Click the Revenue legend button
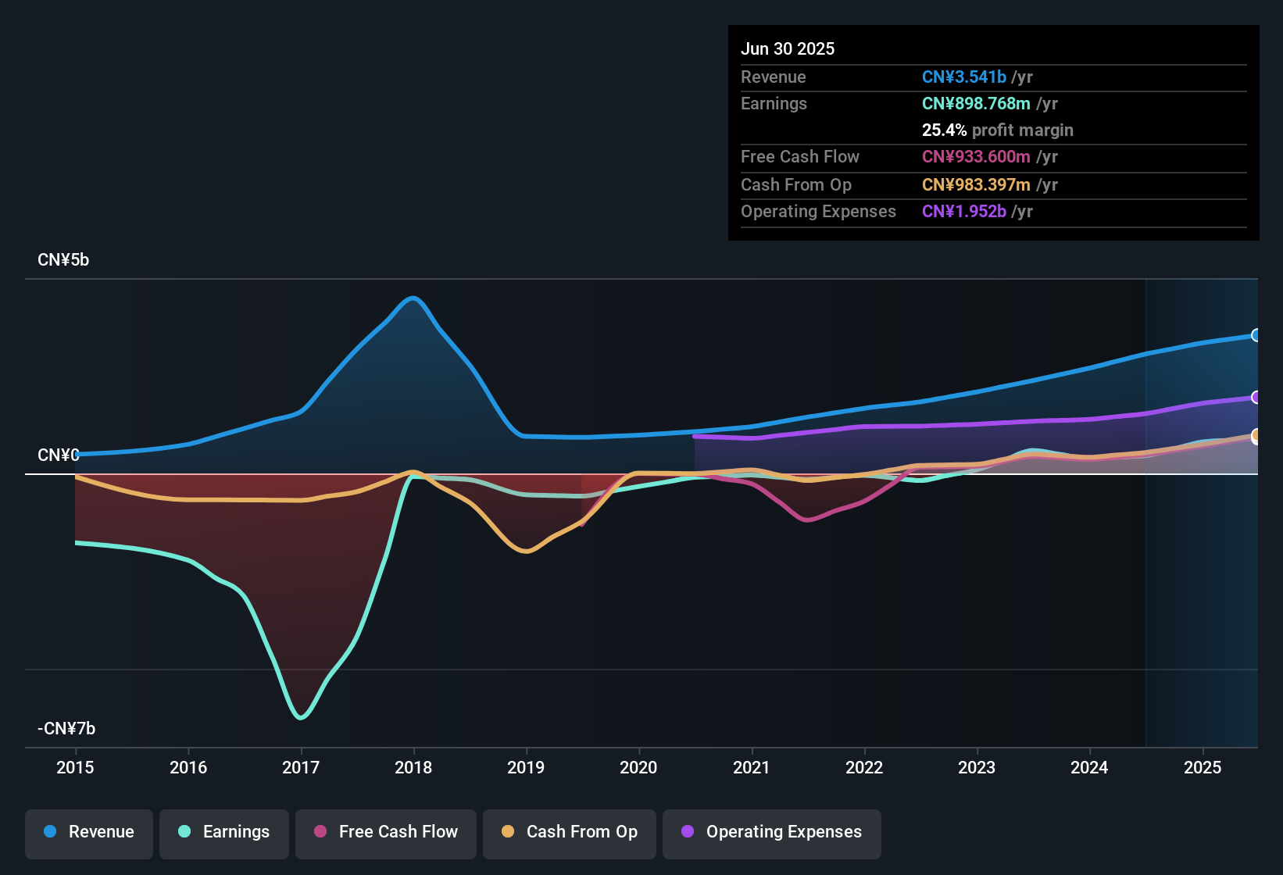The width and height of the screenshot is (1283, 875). [89, 832]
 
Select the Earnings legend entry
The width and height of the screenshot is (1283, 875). [223, 832]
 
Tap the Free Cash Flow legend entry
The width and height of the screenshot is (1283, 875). [385, 832]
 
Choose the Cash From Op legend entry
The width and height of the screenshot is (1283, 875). [569, 832]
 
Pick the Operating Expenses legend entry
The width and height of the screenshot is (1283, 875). [771, 832]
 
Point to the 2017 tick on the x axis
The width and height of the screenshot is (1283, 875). [301, 767]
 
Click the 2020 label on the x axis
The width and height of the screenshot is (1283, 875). [638, 767]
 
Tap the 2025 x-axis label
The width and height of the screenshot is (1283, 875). [1202, 767]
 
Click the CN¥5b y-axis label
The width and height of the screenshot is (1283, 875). [63, 260]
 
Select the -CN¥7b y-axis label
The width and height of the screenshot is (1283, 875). [66, 729]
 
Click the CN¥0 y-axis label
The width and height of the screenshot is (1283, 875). [59, 455]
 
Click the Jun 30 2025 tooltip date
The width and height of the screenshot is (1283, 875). [788, 49]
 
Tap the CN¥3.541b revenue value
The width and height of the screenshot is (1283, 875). [963, 77]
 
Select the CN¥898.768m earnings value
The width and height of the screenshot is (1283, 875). [976, 104]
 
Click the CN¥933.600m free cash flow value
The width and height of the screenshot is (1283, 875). [976, 157]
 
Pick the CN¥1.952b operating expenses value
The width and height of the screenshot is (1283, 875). [963, 212]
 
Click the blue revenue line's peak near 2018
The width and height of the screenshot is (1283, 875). [413, 298]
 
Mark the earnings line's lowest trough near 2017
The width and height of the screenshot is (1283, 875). [301, 717]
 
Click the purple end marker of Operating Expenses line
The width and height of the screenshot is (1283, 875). [1256, 398]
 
